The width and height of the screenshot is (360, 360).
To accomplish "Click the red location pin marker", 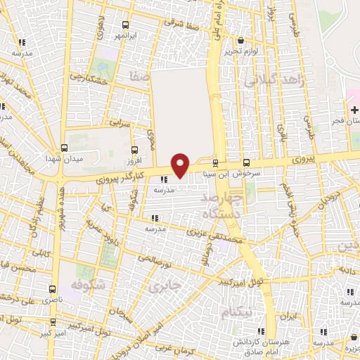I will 181,164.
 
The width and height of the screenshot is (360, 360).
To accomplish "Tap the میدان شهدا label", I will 84,157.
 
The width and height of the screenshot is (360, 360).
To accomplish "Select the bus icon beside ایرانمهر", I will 125,22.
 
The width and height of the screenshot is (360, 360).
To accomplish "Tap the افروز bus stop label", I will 134,161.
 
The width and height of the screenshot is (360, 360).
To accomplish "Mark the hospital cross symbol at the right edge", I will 354,110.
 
